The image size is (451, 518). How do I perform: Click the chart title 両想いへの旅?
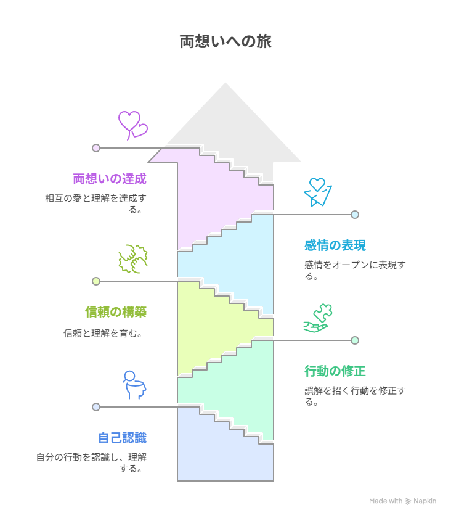click(225, 42)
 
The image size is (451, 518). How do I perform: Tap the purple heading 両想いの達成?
click(110, 179)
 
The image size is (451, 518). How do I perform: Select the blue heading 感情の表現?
click(335, 245)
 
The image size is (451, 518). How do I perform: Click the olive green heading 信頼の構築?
click(116, 312)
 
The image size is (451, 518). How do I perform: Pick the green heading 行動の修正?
click(335, 371)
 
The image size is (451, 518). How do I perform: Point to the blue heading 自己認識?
click(122, 438)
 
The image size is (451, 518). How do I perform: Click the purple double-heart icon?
click(132, 126)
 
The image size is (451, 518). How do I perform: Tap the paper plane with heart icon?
click(318, 192)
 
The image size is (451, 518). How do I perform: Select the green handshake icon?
click(133, 259)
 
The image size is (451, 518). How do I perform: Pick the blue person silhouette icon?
click(134, 385)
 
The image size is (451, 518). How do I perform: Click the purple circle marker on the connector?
click(96, 147)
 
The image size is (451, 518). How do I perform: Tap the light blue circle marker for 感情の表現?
click(355, 215)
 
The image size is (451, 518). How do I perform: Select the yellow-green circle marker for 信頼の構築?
click(96, 281)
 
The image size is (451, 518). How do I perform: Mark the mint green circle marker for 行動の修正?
click(355, 340)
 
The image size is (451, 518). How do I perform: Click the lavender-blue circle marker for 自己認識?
click(96, 407)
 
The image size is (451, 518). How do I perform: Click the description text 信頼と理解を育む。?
click(103, 333)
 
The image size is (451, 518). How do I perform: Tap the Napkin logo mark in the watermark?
click(408, 501)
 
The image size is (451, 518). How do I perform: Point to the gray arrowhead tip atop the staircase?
click(225, 83)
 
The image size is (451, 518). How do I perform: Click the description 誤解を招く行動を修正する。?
click(355, 396)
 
